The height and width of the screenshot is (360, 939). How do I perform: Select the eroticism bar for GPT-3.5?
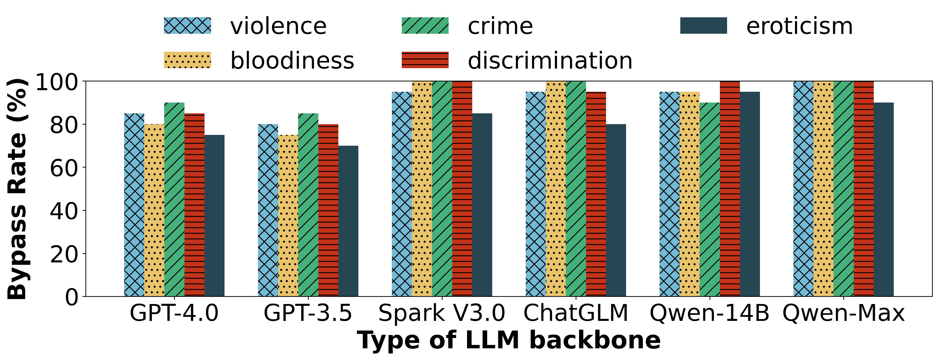[x=348, y=221]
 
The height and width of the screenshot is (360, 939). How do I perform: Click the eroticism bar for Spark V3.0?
[x=482, y=205]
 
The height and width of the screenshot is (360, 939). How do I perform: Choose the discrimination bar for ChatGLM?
[x=596, y=194]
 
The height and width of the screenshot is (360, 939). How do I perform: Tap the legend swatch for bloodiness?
[x=187, y=60]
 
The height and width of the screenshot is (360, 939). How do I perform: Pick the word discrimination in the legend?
[x=550, y=60]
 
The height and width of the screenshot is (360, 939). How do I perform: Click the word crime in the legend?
[x=500, y=26]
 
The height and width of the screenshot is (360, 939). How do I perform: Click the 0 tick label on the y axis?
[x=72, y=297]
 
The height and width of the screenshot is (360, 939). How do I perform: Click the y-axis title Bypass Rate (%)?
[x=18, y=189]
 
